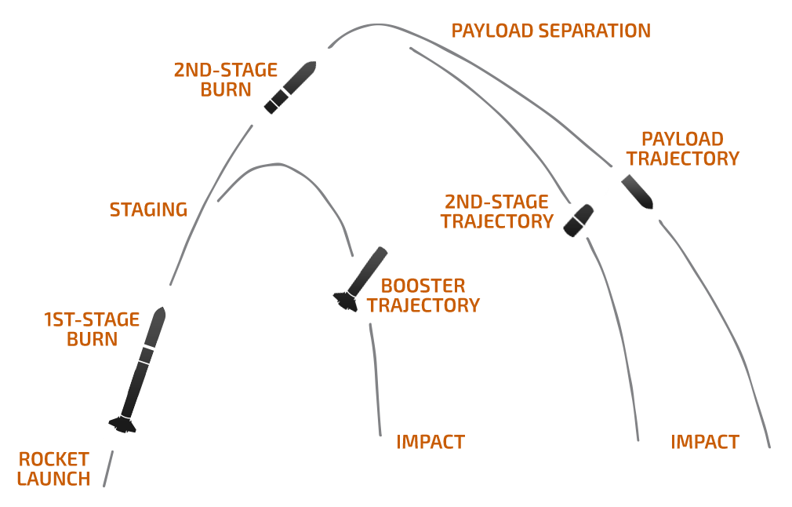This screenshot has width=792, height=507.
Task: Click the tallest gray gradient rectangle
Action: [x=138, y=373]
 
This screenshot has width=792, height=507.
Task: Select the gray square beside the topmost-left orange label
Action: [x=289, y=88]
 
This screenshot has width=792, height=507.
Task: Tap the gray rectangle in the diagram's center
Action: [x=351, y=279]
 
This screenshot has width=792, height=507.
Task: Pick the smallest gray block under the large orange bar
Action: [x=640, y=191]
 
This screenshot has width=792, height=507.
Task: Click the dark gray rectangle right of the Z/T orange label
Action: [x=583, y=212]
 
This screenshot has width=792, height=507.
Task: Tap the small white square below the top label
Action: [x=578, y=38]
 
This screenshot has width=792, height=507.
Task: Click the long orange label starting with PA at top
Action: [x=550, y=31]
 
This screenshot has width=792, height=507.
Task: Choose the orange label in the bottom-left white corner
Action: [x=53, y=469]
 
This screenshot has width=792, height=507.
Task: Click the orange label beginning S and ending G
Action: [x=149, y=210]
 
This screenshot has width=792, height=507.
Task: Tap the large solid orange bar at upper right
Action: [x=683, y=148]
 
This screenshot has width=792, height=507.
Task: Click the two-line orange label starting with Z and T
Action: [x=499, y=211]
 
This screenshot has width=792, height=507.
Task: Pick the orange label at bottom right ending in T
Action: [x=705, y=442]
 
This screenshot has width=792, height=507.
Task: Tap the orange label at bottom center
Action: [x=431, y=442]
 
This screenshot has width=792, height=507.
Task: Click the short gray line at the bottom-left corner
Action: [x=108, y=469]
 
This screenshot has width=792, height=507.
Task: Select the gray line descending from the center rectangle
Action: [x=376, y=377]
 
